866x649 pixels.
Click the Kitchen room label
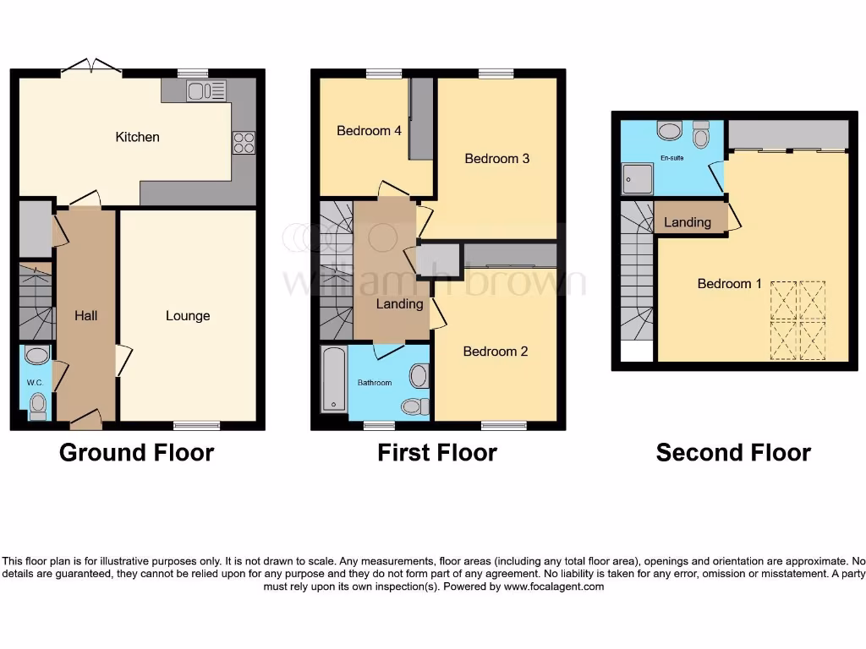(x=137, y=137)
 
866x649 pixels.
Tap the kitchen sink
(x=204, y=90)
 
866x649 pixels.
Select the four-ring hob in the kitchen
(x=244, y=143)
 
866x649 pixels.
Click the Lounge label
(x=188, y=316)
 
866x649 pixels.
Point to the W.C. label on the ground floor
(x=35, y=383)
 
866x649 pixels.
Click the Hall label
(x=85, y=316)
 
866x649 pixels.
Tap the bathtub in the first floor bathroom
(x=334, y=379)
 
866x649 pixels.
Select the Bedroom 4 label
(x=369, y=131)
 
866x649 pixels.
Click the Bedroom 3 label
(x=497, y=159)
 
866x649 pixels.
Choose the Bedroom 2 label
(x=496, y=352)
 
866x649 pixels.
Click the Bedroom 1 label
(x=730, y=284)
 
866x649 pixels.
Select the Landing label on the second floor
(x=688, y=223)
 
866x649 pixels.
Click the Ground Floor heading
(x=136, y=453)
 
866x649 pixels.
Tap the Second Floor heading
(x=733, y=453)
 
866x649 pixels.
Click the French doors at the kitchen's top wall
(x=90, y=68)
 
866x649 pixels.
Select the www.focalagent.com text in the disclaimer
(x=554, y=586)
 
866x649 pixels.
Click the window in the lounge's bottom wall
(x=191, y=425)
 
